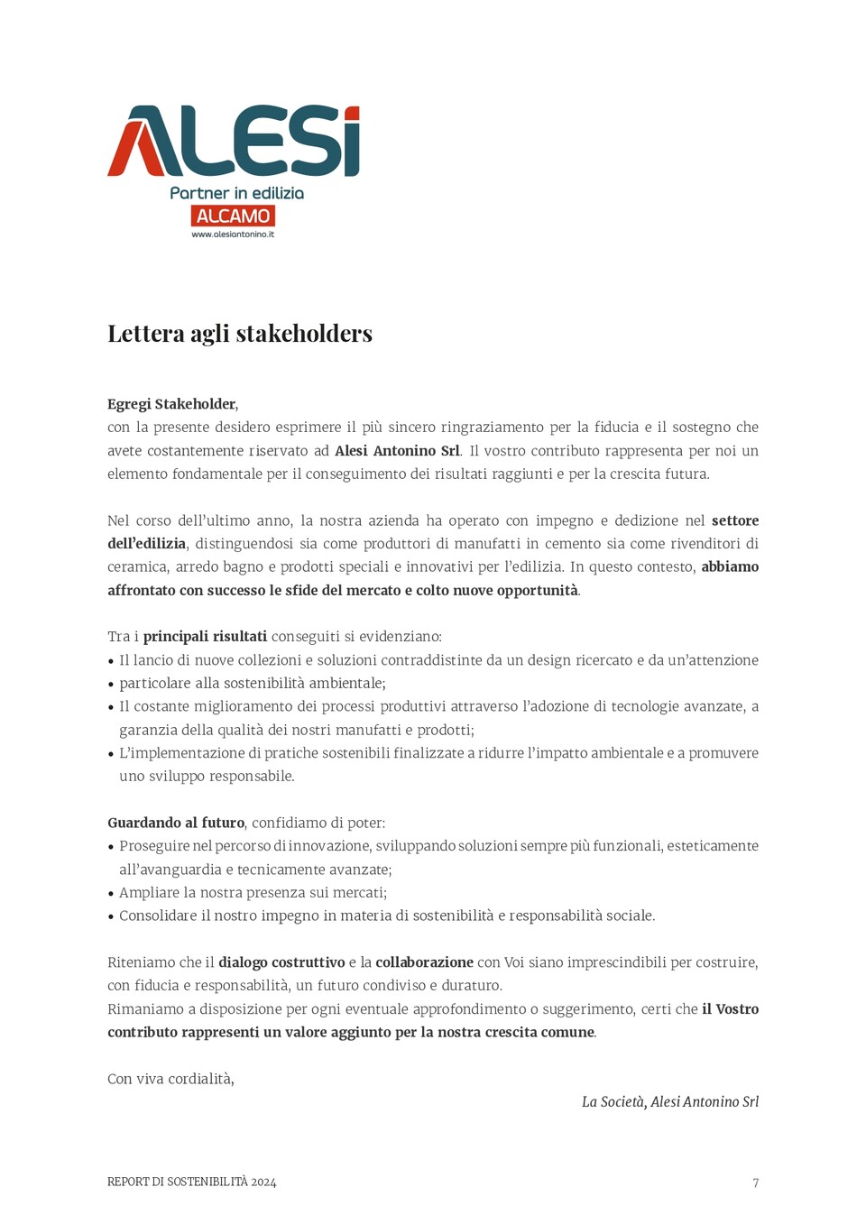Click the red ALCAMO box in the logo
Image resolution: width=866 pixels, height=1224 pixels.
[233, 216]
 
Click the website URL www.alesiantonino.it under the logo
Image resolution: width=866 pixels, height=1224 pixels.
[233, 235]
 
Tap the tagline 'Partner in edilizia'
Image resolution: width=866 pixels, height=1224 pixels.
[236, 193]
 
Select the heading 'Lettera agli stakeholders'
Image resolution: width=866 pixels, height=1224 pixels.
[240, 334]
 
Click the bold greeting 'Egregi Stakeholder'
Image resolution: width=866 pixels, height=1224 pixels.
[171, 404]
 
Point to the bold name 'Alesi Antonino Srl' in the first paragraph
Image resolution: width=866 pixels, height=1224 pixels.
[397, 451]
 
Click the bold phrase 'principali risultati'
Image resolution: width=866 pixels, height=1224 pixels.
[205, 637]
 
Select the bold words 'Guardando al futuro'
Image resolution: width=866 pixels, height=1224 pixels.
[176, 823]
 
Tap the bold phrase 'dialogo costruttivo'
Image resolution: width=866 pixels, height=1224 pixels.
[281, 962]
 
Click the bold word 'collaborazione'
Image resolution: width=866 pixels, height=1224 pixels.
[424, 962]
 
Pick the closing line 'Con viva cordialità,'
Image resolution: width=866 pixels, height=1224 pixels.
[170, 1079]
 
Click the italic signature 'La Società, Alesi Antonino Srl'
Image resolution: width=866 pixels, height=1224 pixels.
[669, 1102]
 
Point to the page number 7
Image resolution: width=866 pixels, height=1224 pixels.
[756, 1183]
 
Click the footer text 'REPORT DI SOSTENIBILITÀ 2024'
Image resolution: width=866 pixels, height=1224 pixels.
[191, 1182]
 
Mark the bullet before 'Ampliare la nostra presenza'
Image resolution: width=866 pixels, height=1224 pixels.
[111, 894]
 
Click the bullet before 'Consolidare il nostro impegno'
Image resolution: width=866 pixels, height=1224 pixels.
[111, 917]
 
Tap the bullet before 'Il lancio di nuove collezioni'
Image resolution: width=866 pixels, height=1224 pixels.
[111, 661]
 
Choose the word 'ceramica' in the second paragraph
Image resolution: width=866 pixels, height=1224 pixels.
[137, 567]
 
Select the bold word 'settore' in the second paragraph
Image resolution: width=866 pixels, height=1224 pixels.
[734, 520]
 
